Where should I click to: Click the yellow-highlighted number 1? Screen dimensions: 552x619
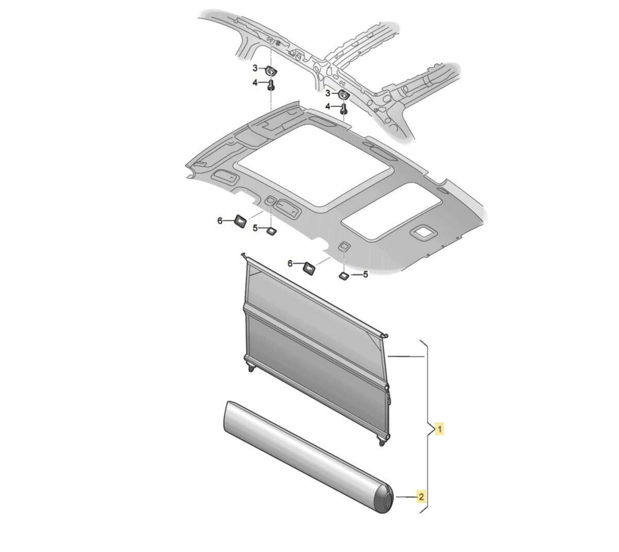pyautogui.click(x=439, y=428)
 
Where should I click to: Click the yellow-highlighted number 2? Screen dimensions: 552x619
pyautogui.click(x=421, y=497)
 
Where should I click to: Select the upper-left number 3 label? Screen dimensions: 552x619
pyautogui.click(x=255, y=68)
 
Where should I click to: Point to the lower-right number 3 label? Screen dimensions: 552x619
pyautogui.click(x=327, y=93)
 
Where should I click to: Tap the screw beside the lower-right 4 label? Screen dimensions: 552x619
pyautogui.click(x=344, y=108)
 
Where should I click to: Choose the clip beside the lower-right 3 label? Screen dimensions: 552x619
pyautogui.click(x=343, y=94)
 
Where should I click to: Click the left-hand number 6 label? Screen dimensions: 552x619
pyautogui.click(x=220, y=221)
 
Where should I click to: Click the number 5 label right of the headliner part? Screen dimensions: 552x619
pyautogui.click(x=366, y=275)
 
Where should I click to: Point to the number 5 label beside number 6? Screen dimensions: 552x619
pyautogui.click(x=255, y=228)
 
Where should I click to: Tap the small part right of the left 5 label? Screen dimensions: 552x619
pyautogui.click(x=271, y=230)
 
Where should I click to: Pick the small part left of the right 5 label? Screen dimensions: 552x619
pyautogui.click(x=344, y=276)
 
